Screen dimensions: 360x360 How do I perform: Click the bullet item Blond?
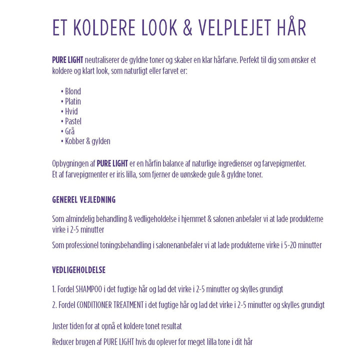(72, 91)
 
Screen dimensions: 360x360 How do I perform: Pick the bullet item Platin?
(72, 101)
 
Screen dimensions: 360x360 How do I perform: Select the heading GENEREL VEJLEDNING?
(83, 199)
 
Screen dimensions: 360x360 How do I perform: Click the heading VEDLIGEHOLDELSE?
(78, 270)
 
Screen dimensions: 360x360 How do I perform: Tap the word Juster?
(60, 326)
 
